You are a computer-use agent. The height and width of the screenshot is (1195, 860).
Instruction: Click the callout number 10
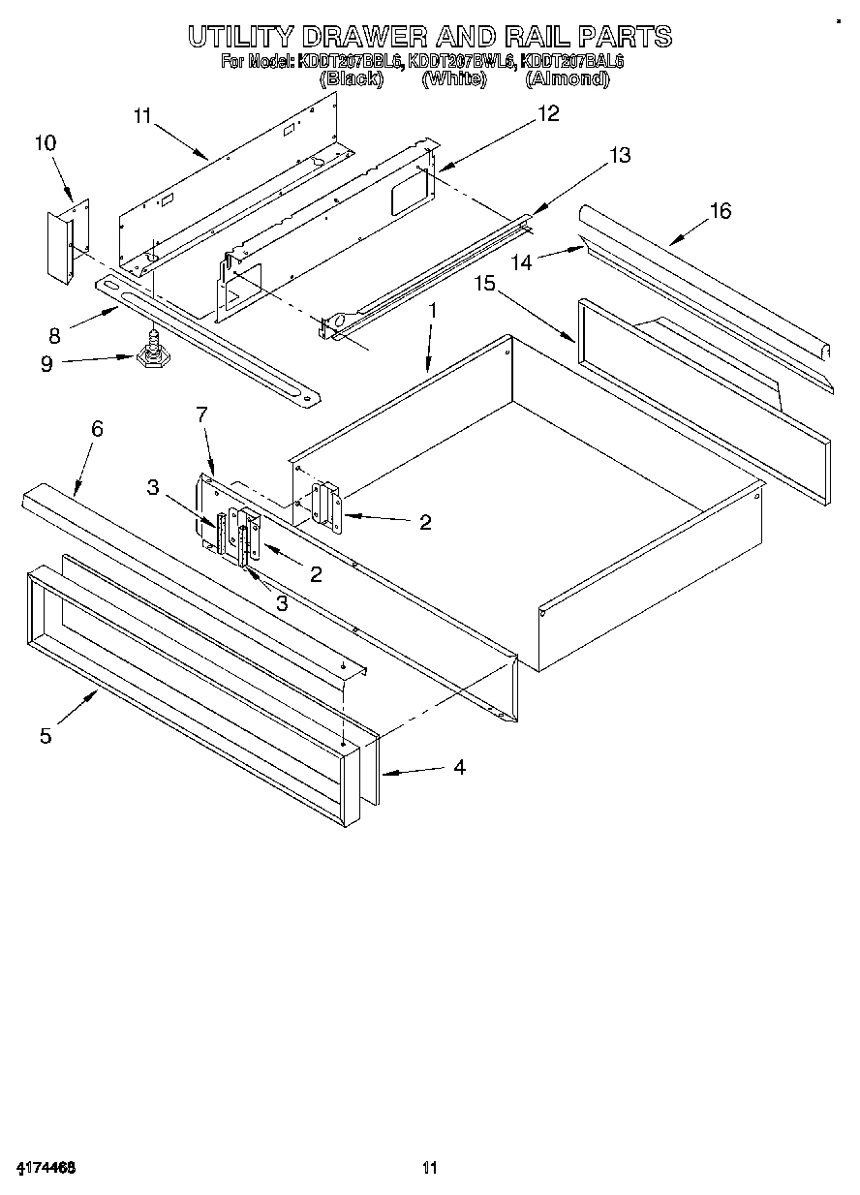45,143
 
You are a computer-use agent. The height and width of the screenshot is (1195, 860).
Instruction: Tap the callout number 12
547,114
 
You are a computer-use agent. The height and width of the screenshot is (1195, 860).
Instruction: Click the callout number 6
97,429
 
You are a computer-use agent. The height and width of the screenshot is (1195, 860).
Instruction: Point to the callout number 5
46,736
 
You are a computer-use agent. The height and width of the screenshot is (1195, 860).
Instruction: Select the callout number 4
458,768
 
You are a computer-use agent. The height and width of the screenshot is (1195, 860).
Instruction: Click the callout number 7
201,414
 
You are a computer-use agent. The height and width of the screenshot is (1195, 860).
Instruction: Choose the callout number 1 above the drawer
432,311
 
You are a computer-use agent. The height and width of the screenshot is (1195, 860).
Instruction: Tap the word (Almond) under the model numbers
567,79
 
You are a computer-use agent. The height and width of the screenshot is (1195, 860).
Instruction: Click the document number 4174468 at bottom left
46,1168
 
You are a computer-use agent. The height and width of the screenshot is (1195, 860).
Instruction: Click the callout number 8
55,336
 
